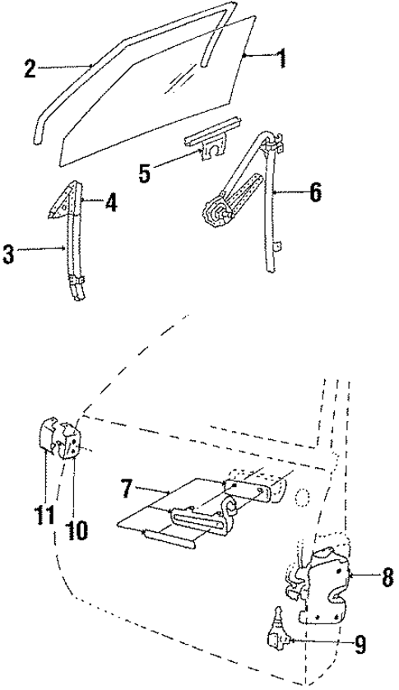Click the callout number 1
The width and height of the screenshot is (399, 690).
[281, 59]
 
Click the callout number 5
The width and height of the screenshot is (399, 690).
[144, 173]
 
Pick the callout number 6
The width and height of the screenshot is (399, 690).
[315, 194]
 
